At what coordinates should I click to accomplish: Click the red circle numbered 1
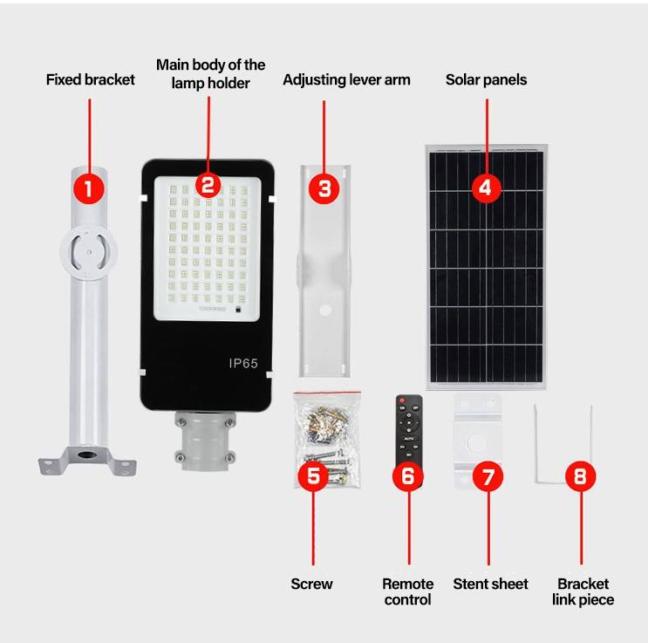pyautogui.click(x=89, y=188)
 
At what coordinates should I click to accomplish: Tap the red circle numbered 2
pyautogui.click(x=208, y=184)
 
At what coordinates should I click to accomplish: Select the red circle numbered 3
pyautogui.click(x=324, y=188)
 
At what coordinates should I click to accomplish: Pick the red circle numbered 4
pyautogui.click(x=487, y=188)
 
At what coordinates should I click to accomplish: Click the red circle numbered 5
pyautogui.click(x=313, y=475)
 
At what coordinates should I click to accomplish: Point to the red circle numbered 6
pyautogui.click(x=407, y=475)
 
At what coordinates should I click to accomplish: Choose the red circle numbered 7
pyautogui.click(x=488, y=475)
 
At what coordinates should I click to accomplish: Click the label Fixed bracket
pyautogui.click(x=90, y=79)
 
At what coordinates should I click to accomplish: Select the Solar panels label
pyautogui.click(x=486, y=79)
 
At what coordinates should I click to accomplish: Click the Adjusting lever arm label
pyautogui.click(x=346, y=79)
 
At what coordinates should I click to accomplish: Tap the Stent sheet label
pyautogui.click(x=490, y=584)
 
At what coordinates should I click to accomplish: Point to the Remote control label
pyautogui.click(x=407, y=592)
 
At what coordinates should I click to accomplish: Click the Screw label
pyautogui.click(x=311, y=584)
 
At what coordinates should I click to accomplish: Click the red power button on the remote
pyautogui.click(x=402, y=400)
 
